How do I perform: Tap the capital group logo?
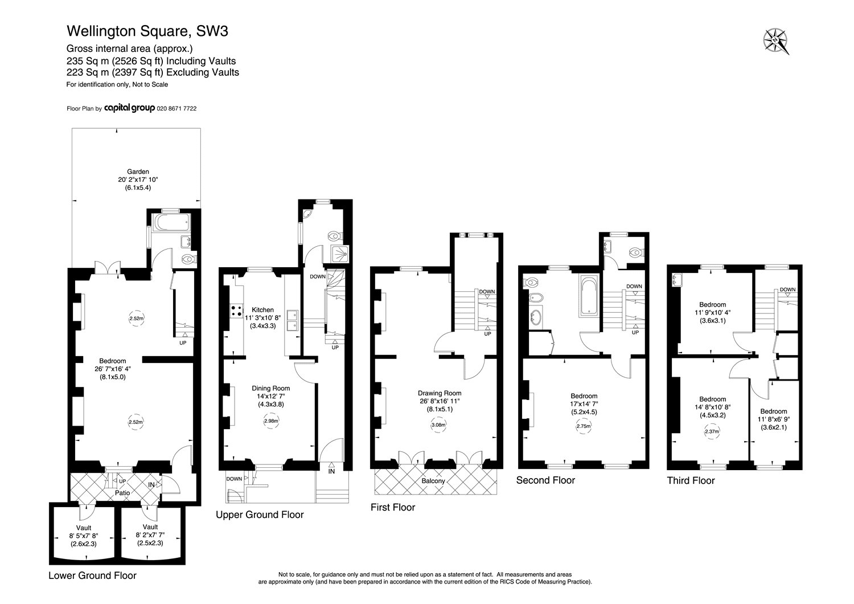(129, 108)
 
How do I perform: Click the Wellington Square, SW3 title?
(147, 31)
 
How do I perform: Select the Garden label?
(138, 172)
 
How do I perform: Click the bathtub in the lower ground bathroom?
(171, 222)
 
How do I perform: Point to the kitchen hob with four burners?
(236, 311)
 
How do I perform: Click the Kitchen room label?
(262, 310)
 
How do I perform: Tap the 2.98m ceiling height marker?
(271, 421)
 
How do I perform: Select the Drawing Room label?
(440, 393)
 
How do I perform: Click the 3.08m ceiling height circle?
(438, 425)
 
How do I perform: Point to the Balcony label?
(433, 481)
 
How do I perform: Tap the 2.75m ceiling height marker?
(584, 426)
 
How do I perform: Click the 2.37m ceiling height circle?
(712, 431)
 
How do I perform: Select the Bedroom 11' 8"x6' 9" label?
(774, 419)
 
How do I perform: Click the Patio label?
(122, 493)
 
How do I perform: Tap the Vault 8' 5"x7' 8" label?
(84, 536)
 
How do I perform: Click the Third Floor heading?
(691, 480)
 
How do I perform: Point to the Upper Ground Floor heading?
(260, 515)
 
